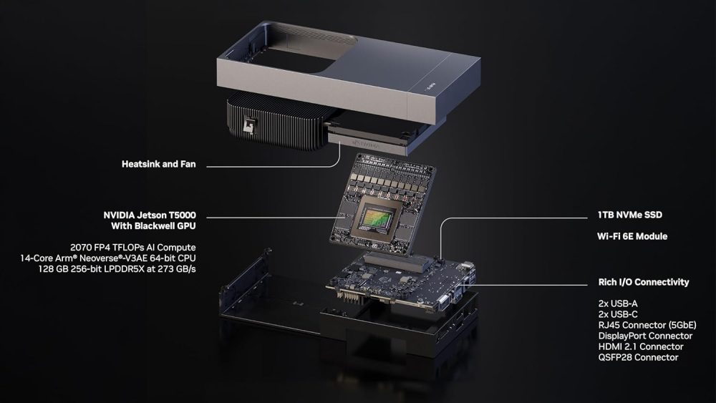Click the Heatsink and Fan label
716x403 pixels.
coord(158,165)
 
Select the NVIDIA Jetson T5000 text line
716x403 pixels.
coord(150,215)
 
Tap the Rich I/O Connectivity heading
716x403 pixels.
coord(644,282)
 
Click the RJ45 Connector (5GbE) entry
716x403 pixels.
coord(647,324)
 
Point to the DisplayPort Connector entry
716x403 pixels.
coord(645,335)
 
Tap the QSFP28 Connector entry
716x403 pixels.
coord(638,357)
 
